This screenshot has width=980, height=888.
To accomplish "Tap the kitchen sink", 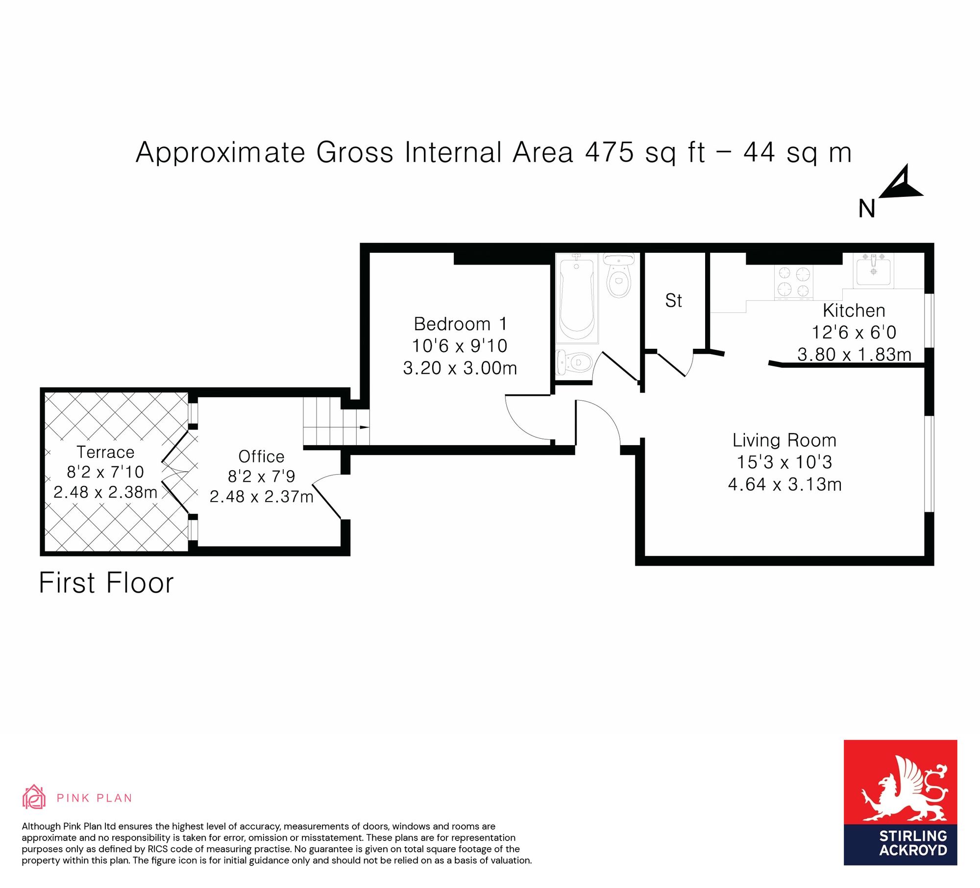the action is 873,270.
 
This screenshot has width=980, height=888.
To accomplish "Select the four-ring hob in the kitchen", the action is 793,282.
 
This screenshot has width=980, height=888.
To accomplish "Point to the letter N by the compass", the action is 867,209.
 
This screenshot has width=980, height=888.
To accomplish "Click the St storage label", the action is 673,300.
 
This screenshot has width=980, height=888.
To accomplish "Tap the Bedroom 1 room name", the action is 460,324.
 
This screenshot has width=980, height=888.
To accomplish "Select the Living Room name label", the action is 784,440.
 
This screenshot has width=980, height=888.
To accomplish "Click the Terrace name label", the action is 105,452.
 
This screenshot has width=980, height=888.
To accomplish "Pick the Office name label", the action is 261,456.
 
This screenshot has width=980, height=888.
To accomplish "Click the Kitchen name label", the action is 854,311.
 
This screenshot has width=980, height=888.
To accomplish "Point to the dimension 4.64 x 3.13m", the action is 784,484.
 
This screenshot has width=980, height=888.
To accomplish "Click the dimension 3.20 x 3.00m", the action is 460,368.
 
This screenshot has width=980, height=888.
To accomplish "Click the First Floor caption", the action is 106,583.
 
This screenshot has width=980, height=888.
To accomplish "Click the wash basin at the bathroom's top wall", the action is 619,259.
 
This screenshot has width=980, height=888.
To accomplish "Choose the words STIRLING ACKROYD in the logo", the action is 913,843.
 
